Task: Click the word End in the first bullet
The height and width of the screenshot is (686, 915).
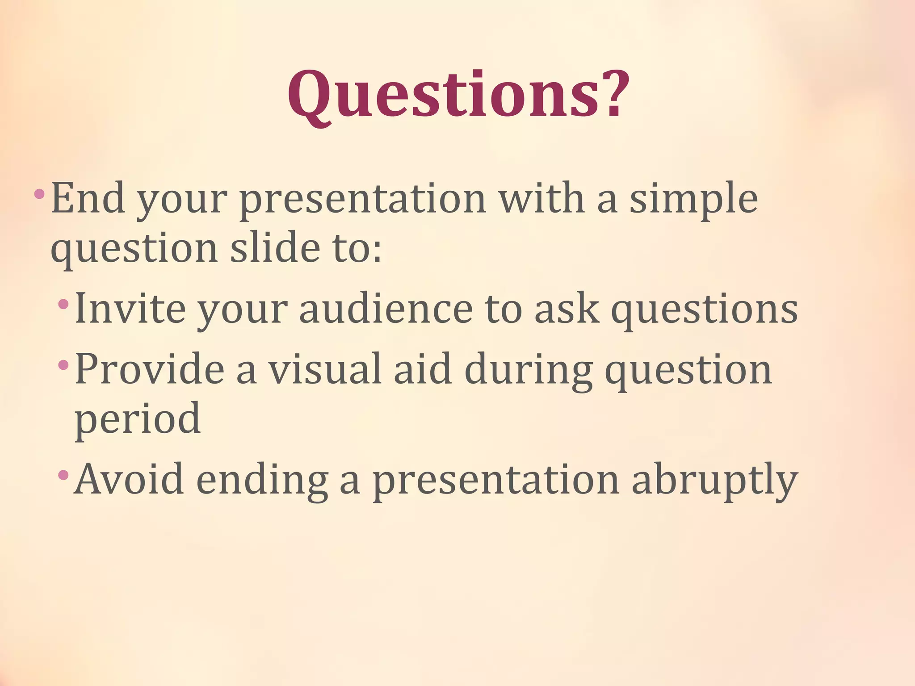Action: click(88, 199)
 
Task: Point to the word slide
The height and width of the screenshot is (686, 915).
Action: click(274, 247)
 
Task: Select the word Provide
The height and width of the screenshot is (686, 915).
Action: click(149, 369)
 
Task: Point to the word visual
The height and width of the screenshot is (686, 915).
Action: click(325, 369)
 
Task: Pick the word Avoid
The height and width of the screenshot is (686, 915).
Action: click(129, 479)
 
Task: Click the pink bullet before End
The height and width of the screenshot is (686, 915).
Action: click(39, 194)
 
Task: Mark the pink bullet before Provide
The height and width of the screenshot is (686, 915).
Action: click(63, 365)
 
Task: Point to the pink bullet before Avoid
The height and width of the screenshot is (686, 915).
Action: click(63, 475)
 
